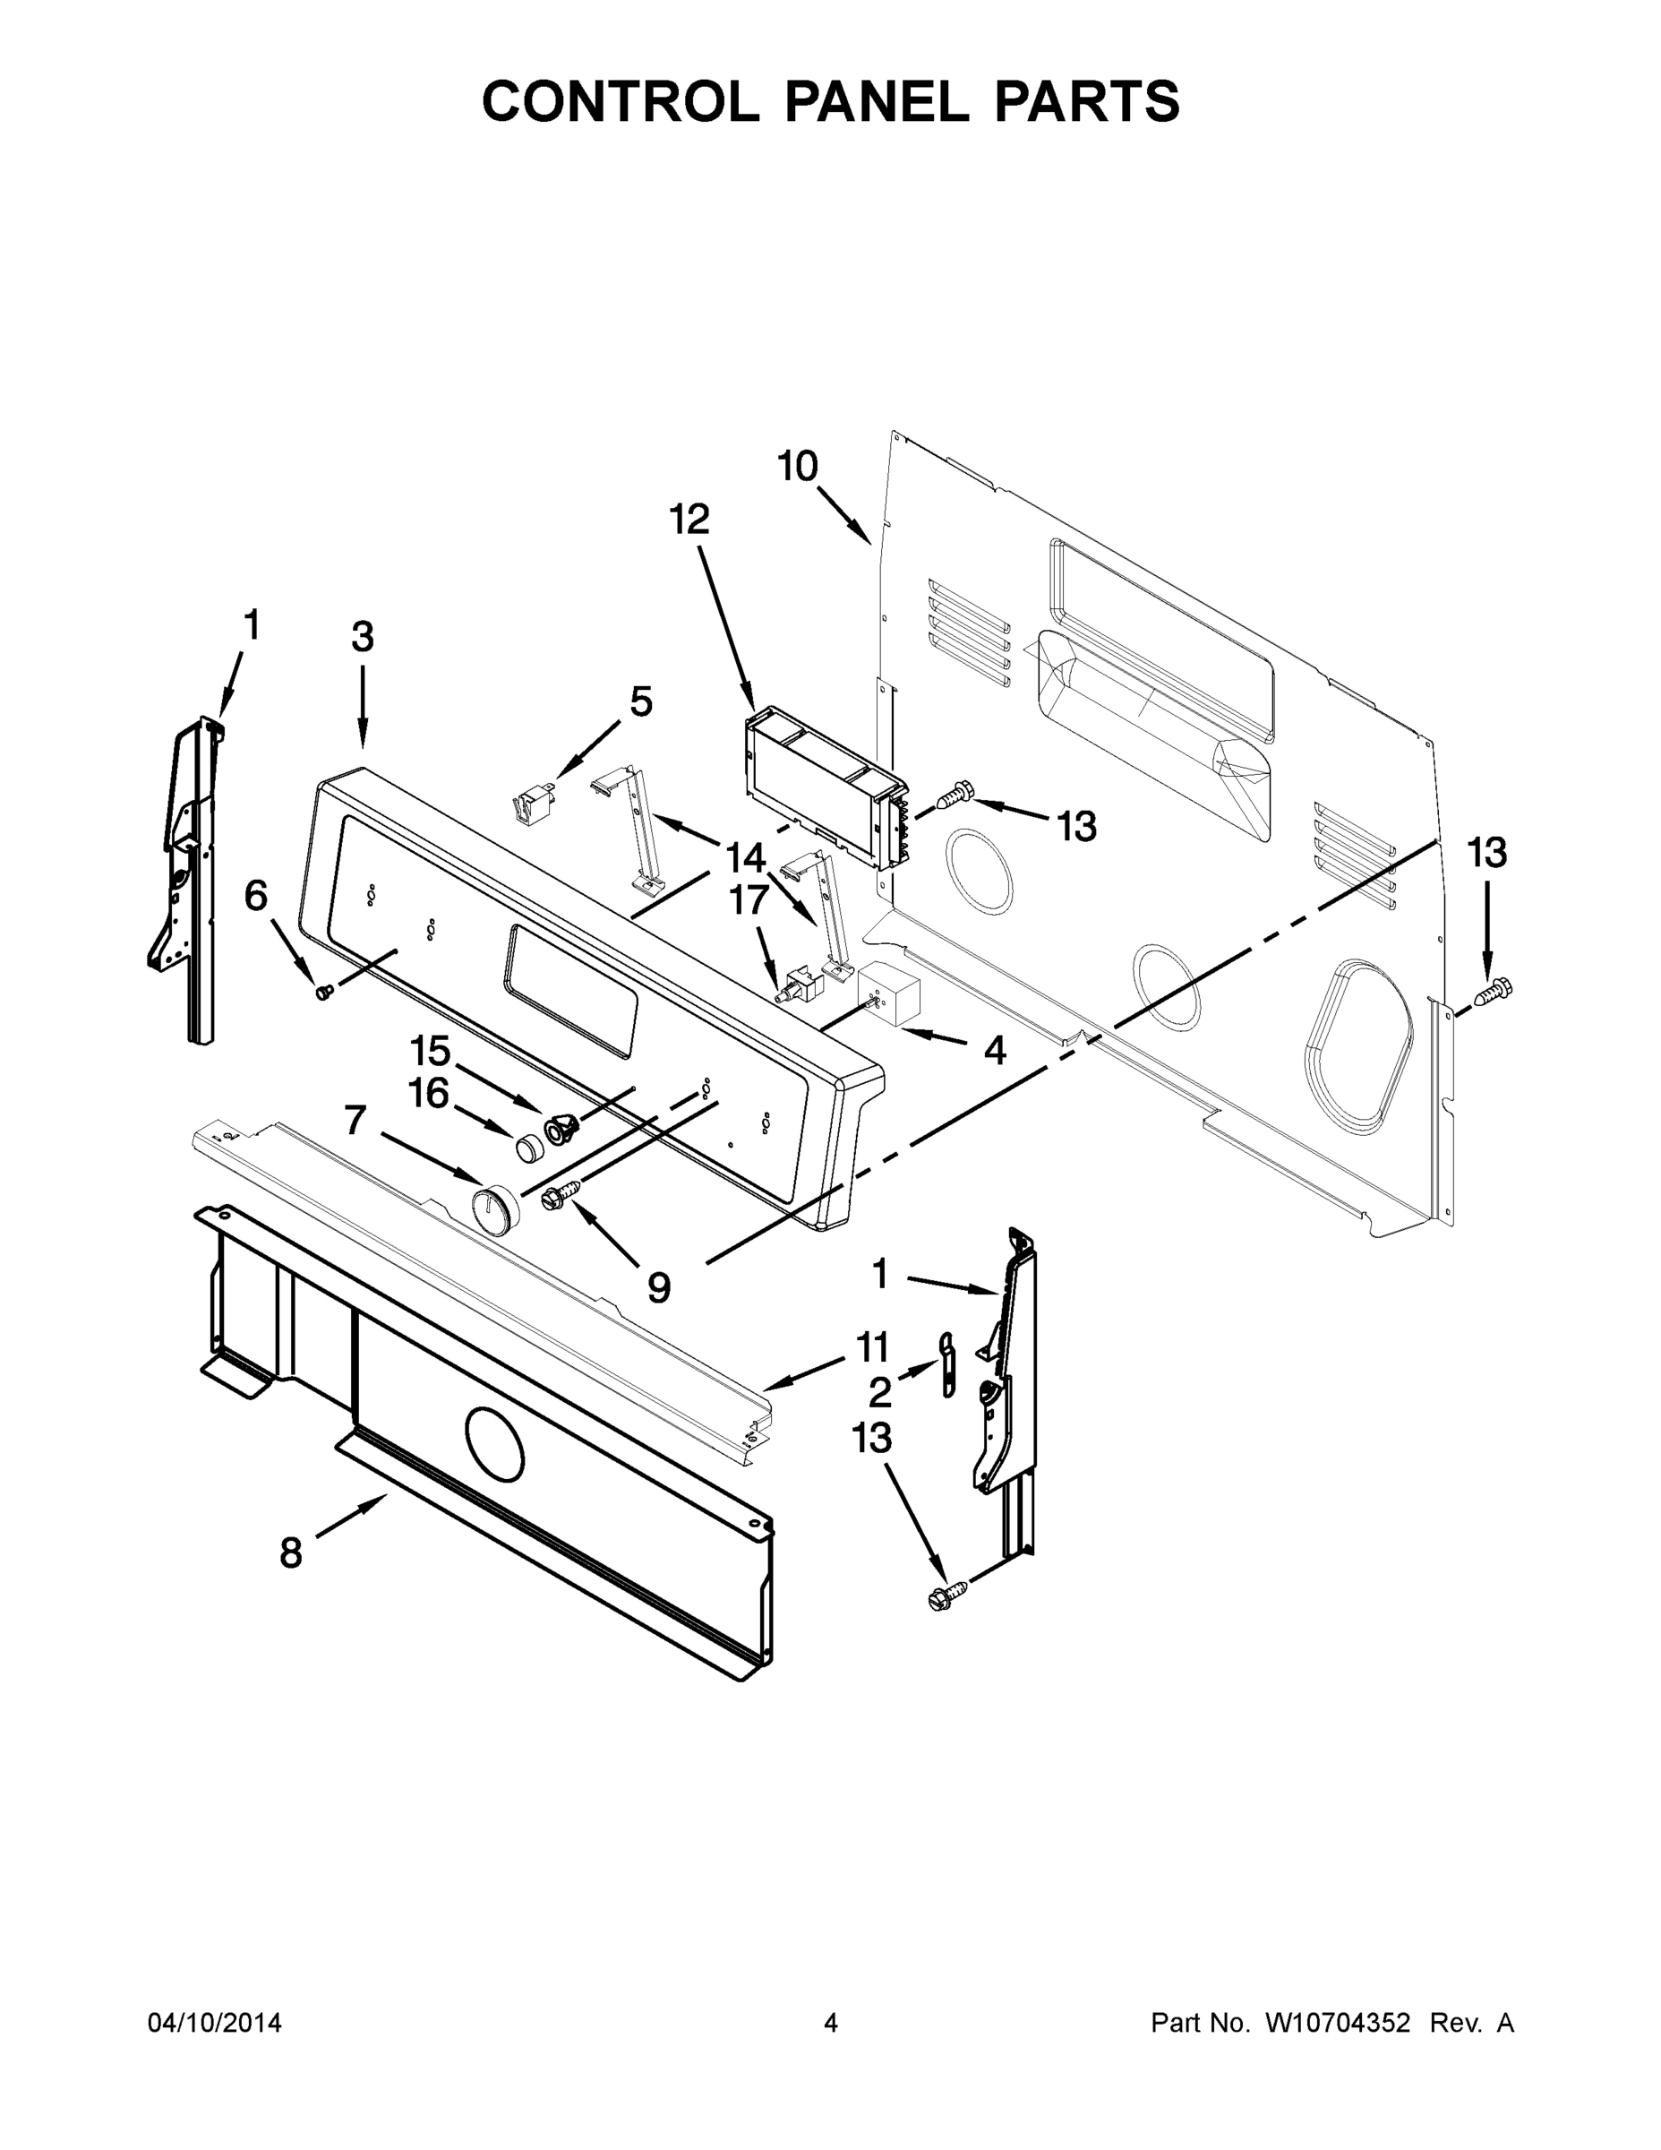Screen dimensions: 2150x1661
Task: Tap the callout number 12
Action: (689, 519)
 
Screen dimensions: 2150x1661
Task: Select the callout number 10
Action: (797, 466)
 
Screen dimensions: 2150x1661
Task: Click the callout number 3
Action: (362, 637)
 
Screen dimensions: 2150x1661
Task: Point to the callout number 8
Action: (290, 1552)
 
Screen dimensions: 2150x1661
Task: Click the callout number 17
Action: (749, 899)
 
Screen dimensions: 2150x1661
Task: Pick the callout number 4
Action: (995, 1051)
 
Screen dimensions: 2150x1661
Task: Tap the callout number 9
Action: (658, 1286)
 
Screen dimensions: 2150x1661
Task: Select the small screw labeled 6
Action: (322, 993)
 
